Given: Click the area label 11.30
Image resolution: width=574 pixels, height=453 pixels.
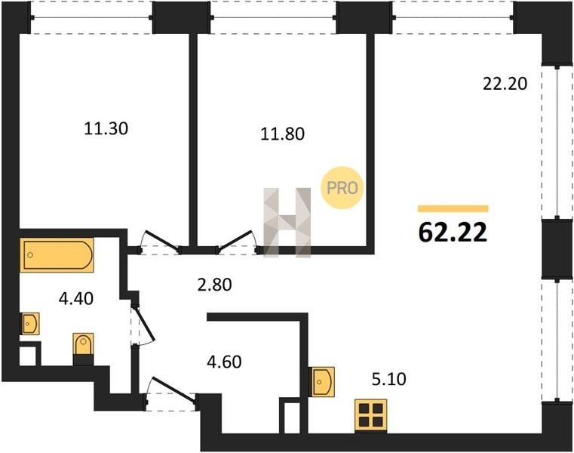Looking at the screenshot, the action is coord(106,128).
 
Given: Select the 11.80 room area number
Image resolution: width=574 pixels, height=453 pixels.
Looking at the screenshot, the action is coord(282,134).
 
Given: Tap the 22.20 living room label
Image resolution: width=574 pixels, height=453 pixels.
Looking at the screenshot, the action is coord(505,84).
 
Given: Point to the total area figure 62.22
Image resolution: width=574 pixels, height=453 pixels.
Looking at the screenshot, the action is coord(453,233).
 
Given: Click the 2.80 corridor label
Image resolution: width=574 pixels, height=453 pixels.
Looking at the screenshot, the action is coord(214,285).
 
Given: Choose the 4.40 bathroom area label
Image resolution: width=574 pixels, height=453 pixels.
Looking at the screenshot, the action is coord(76,299).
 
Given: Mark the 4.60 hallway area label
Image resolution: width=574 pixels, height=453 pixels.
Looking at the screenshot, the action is coord(224,362).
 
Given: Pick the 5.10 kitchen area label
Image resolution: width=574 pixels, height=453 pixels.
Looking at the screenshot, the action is coord(388,379).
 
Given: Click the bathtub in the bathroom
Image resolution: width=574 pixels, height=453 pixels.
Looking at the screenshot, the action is coord(57,255).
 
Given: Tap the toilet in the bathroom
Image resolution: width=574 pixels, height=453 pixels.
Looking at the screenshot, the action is coord(84,344).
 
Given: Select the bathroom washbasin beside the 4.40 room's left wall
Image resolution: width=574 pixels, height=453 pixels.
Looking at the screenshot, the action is coord(30,324).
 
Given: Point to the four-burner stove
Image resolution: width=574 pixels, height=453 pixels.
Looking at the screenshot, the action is coord(371,415).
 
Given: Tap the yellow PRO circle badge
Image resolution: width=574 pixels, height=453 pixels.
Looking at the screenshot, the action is coord(342,188).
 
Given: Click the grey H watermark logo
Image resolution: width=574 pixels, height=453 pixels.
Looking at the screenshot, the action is coord(287,223).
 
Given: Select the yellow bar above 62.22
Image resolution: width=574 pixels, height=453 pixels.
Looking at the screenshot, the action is coord(453,208).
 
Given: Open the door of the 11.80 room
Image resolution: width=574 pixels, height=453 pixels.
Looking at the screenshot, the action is coord(235,241).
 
